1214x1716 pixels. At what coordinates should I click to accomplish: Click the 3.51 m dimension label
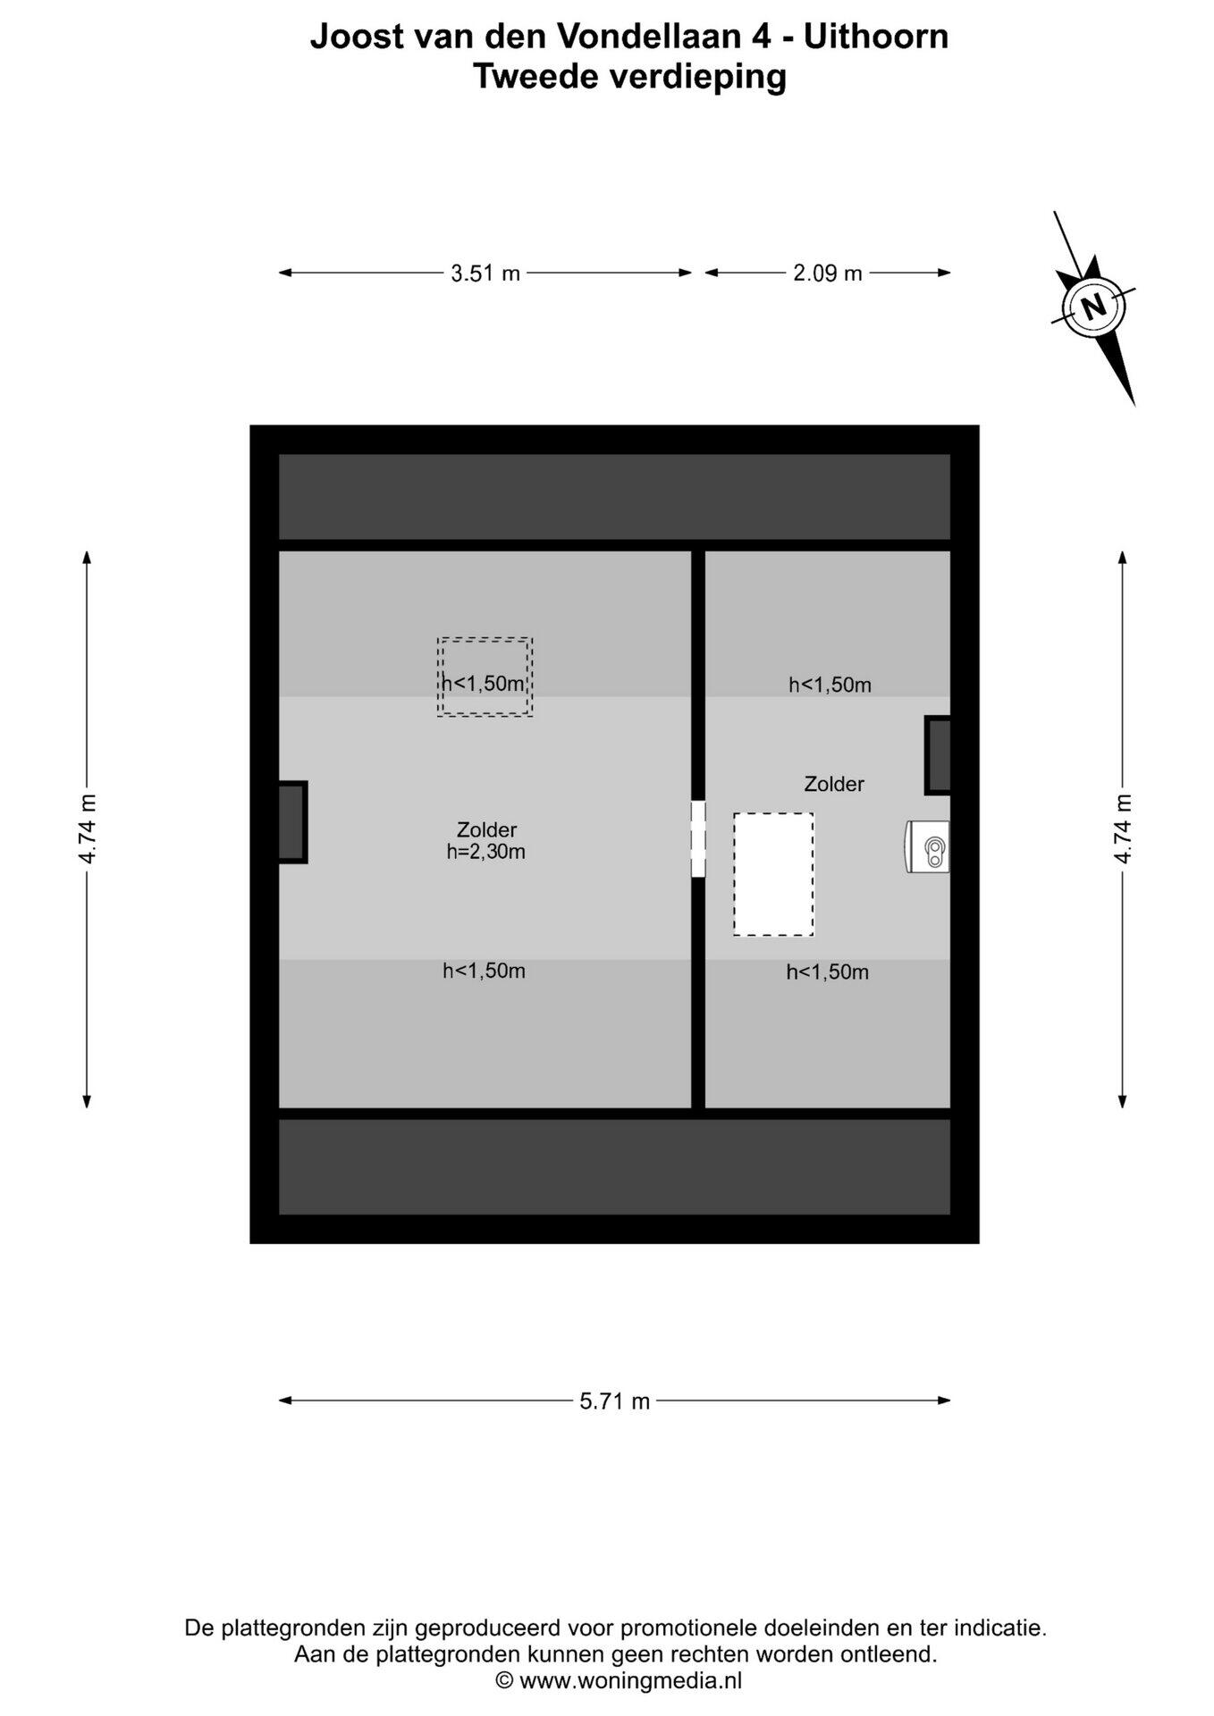coord(485,273)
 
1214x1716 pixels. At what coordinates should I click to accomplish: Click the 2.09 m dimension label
coord(828,273)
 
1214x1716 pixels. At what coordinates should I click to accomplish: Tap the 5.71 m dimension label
coord(615,1401)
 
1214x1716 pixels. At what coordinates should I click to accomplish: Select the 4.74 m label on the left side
coord(87,829)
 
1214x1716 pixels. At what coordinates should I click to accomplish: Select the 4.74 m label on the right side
coord(1123,829)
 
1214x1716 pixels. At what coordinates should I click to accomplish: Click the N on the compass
coord(1093,307)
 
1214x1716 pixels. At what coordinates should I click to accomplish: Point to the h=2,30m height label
coord(486,852)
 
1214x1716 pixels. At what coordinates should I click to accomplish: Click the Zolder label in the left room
coord(486,829)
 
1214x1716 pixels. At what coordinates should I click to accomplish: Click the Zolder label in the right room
coord(834,784)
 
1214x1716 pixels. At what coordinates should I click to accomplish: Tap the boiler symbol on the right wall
coord(928,845)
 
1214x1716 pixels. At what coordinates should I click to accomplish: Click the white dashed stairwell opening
coord(773,874)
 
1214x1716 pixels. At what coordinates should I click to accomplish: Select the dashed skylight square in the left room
coord(485,677)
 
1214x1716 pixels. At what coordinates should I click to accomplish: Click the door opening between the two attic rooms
coord(698,838)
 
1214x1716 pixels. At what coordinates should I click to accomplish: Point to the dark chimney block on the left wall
coord(292,822)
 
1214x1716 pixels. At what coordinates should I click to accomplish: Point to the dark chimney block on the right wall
coord(938,755)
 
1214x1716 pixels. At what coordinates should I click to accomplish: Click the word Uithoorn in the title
coord(876,37)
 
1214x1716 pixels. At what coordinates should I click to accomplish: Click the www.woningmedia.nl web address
coord(630,1680)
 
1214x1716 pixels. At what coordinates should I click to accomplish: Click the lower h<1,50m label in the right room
coord(828,972)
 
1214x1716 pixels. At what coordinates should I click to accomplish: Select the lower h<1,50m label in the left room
coord(485,971)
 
